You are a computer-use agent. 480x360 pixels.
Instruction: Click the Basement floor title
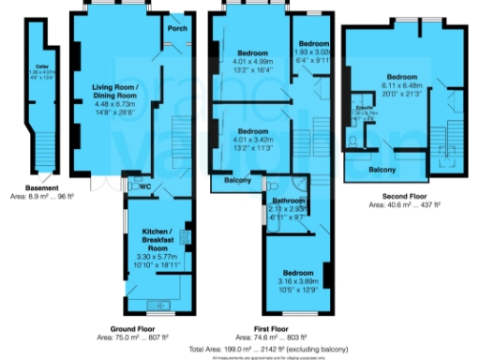pyautogui.click(x=42, y=161)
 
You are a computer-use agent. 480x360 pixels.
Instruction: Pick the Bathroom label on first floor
pyautogui.click(x=288, y=201)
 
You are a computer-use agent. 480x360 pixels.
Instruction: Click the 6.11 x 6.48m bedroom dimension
pyautogui.click(x=401, y=83)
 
